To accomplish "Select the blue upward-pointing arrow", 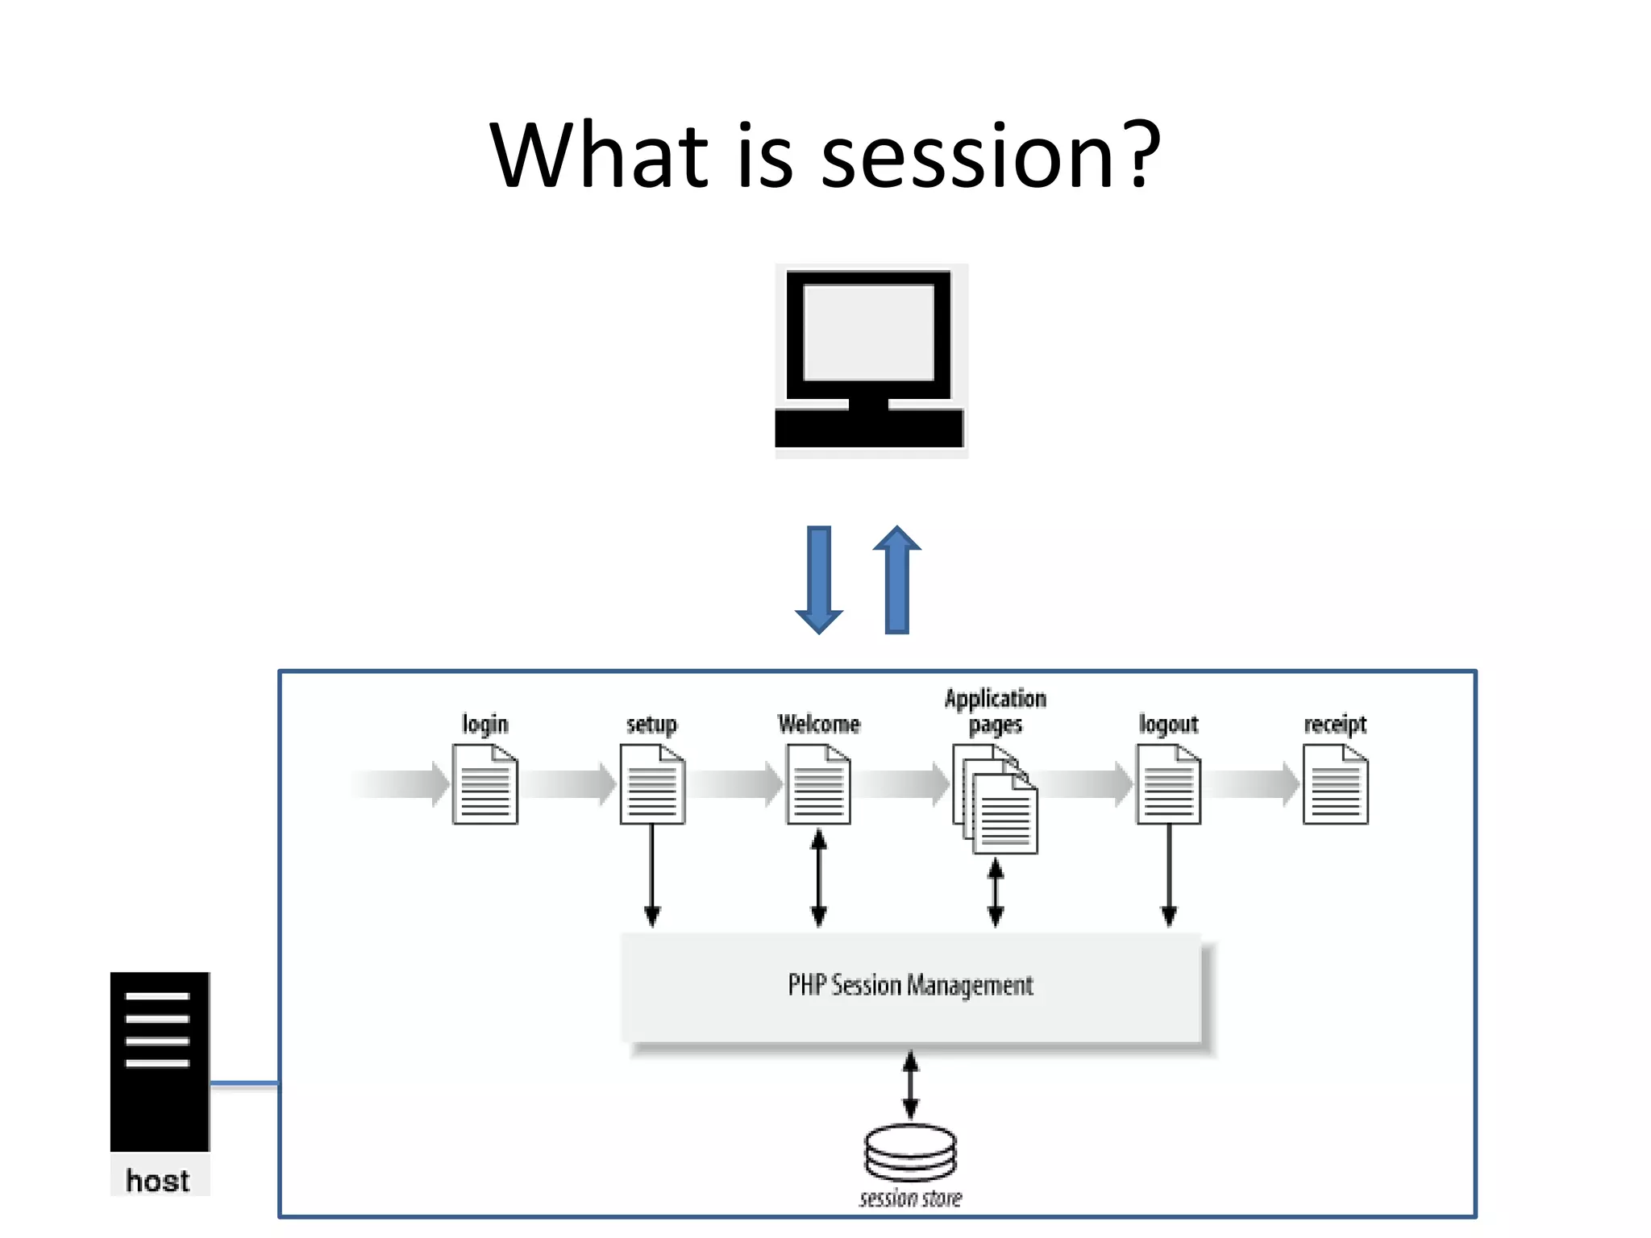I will point(896,580).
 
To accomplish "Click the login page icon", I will point(484,784).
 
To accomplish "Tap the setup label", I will point(651,724).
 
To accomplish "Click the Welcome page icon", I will point(818,784).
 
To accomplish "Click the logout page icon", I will point(1168,784).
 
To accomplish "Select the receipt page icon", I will point(1335,784).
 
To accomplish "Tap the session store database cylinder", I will point(910,1152).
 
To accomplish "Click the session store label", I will point(910,1199).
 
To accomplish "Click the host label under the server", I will point(158,1181).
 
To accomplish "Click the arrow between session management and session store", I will point(910,1085).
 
